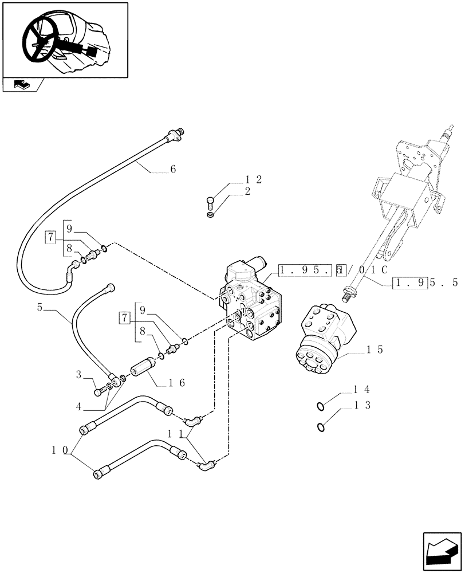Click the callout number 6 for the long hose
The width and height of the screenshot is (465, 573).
pos(173,170)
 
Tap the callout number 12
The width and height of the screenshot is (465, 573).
pos(254,179)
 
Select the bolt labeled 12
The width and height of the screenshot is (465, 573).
pos(210,201)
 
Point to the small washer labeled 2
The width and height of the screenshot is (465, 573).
pos(210,215)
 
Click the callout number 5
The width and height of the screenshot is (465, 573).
pos(40,308)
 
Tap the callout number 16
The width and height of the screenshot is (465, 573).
pos(176,383)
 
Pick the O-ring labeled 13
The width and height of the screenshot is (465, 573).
pos(321,426)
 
